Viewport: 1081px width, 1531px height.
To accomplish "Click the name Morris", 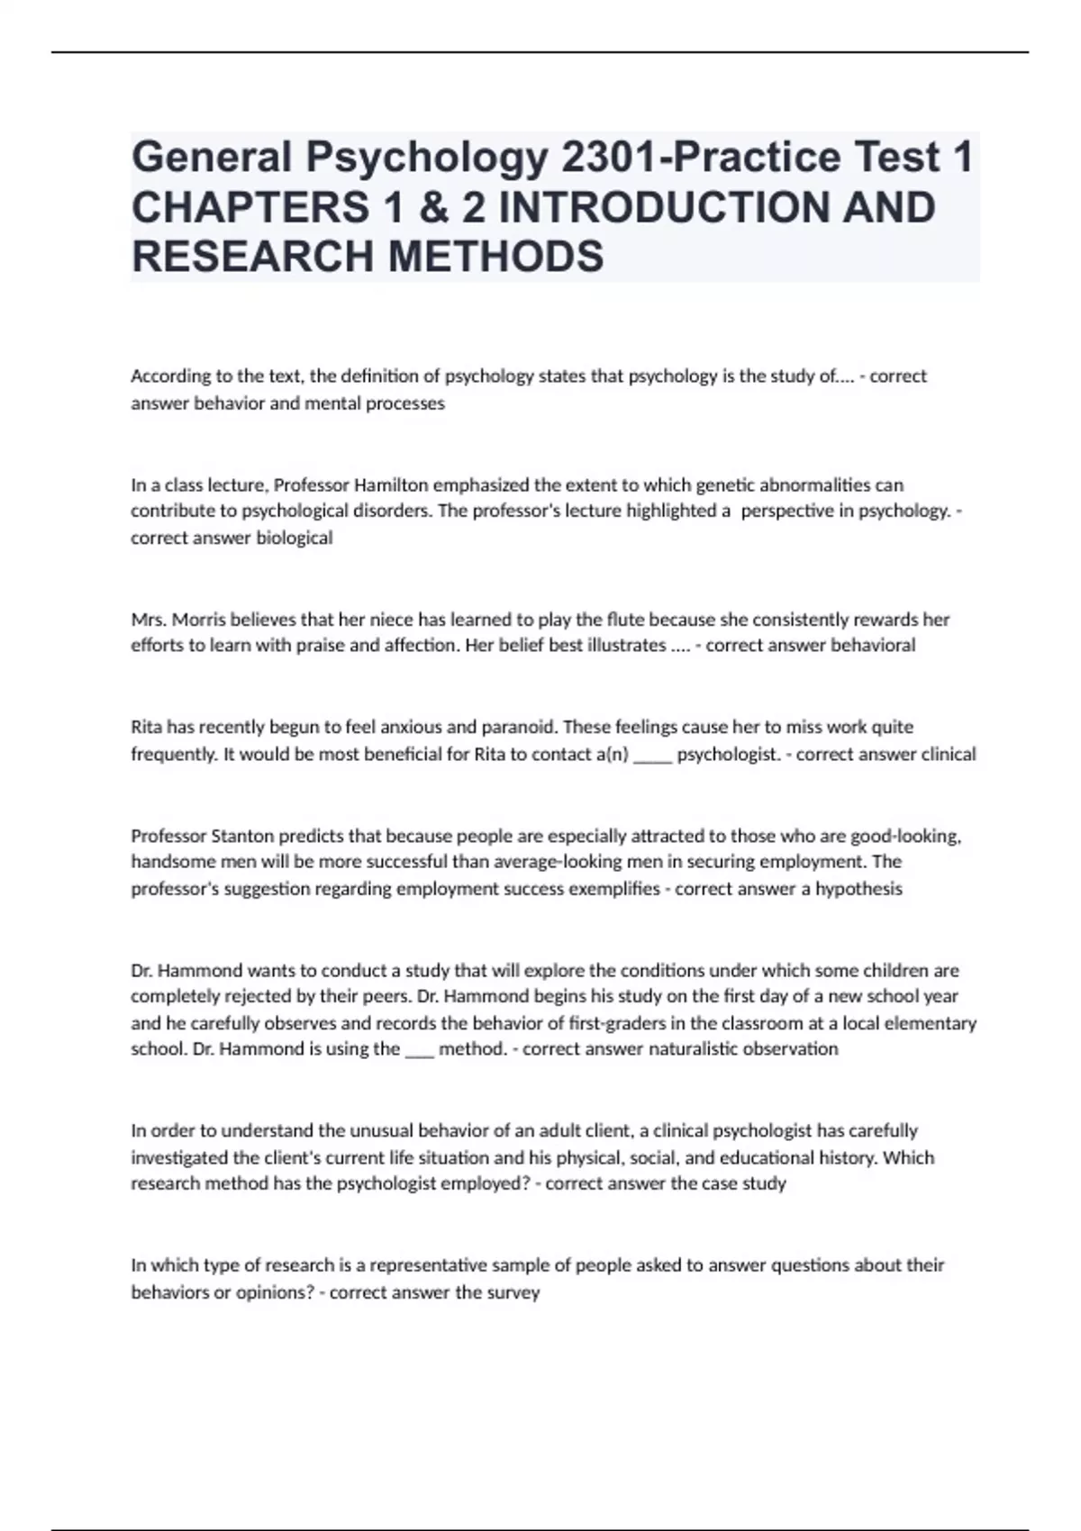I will [197, 620].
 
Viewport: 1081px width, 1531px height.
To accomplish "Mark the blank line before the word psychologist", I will [652, 755].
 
